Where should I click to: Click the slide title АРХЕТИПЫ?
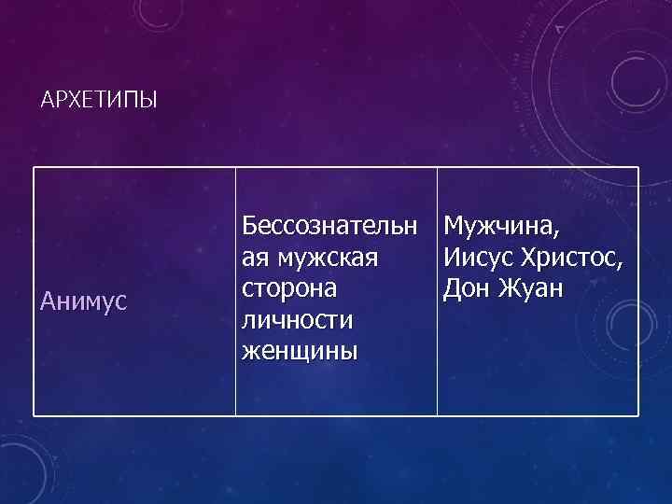click(100, 100)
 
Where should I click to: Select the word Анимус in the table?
click(85, 301)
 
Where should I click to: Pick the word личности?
click(298, 320)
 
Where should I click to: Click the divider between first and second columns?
click(235, 291)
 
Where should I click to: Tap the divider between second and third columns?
click(437, 291)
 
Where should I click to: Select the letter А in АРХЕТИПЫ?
click(48, 100)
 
